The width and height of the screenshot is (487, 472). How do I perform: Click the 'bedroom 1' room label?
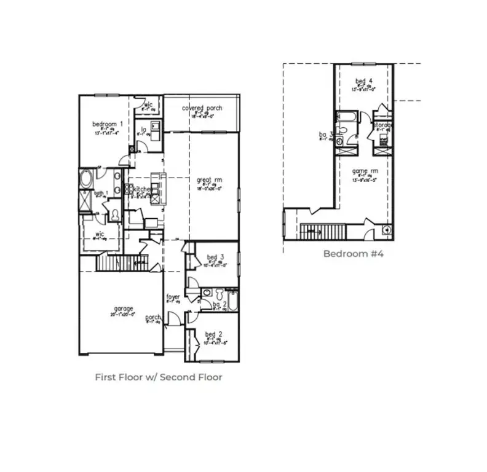(108, 124)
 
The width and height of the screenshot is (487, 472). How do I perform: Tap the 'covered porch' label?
(202, 108)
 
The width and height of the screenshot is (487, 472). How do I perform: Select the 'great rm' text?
(205, 180)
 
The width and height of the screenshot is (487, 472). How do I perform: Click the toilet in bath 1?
(114, 214)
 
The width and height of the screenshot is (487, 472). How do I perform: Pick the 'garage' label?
(123, 309)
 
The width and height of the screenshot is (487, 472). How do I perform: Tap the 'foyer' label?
(173, 297)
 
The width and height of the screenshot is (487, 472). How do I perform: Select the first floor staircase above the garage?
(123, 262)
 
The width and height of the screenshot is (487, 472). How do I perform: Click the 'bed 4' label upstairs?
(364, 81)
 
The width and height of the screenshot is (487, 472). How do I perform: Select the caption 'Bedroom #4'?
(353, 254)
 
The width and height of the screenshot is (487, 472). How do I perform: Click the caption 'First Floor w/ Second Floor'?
(158, 377)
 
